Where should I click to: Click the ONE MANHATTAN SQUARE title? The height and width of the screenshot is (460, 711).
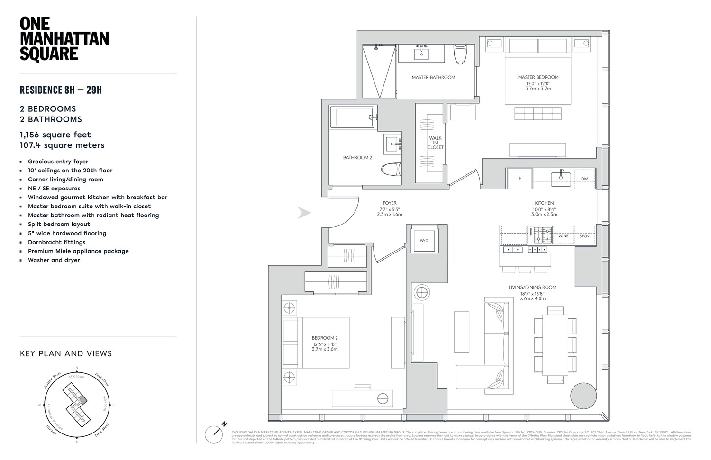64,39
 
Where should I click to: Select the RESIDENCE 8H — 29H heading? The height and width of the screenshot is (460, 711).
61,90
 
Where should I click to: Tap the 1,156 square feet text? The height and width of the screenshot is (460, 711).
55,135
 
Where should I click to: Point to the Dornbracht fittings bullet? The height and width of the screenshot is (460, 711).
56,242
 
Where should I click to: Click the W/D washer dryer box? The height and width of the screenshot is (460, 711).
424,241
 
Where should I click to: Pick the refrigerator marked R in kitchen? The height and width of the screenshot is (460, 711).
520,179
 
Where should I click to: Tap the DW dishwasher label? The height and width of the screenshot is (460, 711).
584,179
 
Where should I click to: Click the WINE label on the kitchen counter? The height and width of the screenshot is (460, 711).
563,236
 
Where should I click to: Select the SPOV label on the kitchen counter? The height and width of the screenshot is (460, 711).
584,236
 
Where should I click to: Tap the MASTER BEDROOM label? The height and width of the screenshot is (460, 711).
538,77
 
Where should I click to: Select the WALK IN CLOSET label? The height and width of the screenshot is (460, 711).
435,143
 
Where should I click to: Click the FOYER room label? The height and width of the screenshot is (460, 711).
390,203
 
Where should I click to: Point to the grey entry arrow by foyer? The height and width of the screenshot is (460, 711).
304,213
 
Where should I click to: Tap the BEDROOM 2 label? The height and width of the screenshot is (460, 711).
325,338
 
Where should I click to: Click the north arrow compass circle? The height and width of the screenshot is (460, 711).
214,434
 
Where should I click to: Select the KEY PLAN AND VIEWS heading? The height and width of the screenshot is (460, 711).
66,353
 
